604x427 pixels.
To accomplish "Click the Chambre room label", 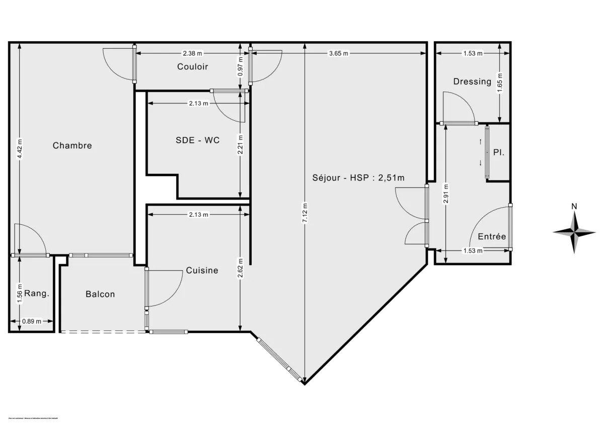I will point(72,146).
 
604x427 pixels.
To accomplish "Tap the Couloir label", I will point(192,67).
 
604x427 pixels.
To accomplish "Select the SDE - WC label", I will point(197,140).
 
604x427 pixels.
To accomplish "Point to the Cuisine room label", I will point(202,271).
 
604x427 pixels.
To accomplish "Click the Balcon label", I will point(100,294).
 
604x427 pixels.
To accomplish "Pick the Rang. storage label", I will point(37,294).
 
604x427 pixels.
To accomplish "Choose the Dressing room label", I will point(472,81).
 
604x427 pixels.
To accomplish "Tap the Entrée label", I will point(492,237).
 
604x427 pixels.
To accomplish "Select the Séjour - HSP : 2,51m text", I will point(359,178).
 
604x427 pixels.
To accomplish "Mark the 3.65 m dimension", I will point(338,53).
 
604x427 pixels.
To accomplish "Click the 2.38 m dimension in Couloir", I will point(192,53).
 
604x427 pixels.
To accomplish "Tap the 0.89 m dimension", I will point(31,321).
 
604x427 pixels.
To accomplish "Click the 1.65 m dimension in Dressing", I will point(499,82).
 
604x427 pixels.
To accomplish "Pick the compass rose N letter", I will point(574,206).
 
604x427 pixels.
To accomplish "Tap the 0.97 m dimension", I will point(241,65).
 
